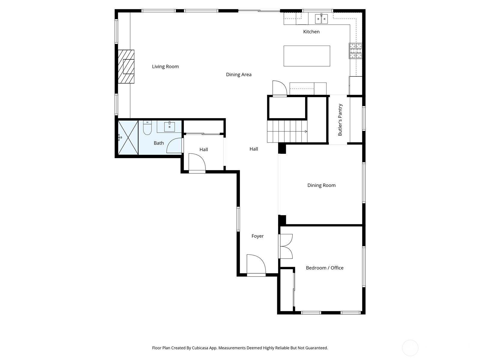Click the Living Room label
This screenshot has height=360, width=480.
coord(165,67)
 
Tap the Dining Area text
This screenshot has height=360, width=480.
coord(238,74)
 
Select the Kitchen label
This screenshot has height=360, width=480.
coord(311,31)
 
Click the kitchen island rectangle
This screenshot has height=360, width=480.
coord(307,56)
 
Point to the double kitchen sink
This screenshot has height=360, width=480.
coord(321,19)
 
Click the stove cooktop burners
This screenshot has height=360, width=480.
coord(355,51)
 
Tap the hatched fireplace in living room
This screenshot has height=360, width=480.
coord(126,67)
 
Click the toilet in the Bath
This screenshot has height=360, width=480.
coord(147,128)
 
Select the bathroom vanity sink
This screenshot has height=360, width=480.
coord(169,127)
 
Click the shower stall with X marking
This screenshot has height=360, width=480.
coord(128,137)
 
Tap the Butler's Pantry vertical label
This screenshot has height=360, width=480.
coord(340,120)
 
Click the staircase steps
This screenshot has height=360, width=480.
coord(287,131)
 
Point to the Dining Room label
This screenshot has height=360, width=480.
coord(321,185)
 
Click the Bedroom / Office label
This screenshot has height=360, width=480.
coord(324,268)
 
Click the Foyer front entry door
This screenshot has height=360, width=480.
coord(256,265)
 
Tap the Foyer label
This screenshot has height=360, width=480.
coord(257,236)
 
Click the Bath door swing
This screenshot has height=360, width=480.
coord(175,146)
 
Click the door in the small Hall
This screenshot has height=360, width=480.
coord(196,163)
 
